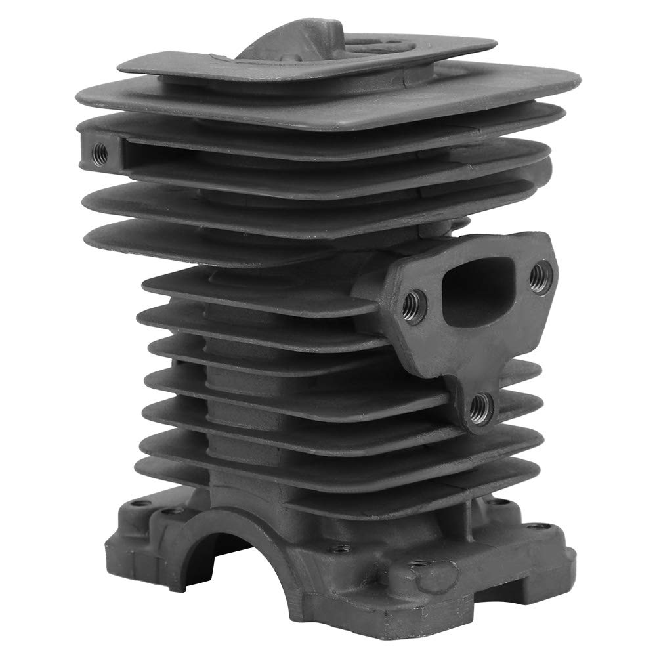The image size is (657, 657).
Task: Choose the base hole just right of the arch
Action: pos(338,547)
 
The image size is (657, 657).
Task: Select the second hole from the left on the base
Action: pos(173,510)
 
